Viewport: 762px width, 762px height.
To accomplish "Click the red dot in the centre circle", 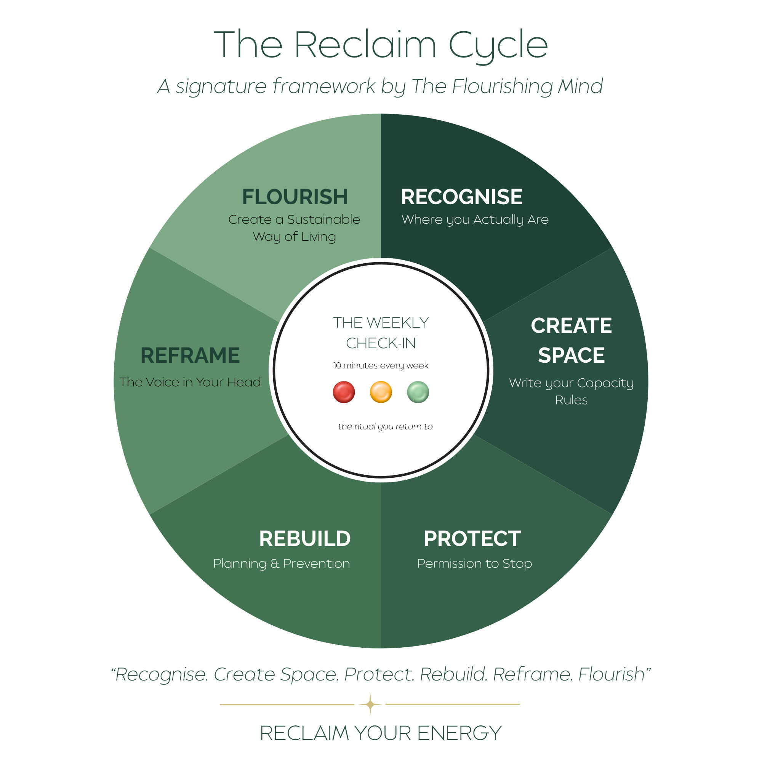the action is pyautogui.click(x=344, y=392).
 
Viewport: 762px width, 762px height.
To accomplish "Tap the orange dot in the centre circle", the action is pyautogui.click(x=381, y=392).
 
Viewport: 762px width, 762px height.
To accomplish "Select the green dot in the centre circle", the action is pyautogui.click(x=418, y=392).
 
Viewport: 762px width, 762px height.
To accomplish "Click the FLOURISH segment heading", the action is pyautogui.click(x=295, y=197).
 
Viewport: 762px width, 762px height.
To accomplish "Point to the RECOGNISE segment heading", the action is pyautogui.click(x=462, y=197).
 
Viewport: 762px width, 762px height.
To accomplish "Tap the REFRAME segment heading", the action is pyautogui.click(x=190, y=355).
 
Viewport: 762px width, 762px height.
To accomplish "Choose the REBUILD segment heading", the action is pyautogui.click(x=305, y=539).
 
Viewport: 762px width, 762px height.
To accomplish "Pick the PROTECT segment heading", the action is pyautogui.click(x=472, y=539).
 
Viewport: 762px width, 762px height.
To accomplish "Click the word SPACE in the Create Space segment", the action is pyautogui.click(x=571, y=355).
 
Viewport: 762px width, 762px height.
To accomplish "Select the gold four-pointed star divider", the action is pyautogui.click(x=370, y=704).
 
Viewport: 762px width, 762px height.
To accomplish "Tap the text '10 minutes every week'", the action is pyautogui.click(x=381, y=366).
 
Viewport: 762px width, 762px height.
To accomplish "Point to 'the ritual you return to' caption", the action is pyautogui.click(x=385, y=427).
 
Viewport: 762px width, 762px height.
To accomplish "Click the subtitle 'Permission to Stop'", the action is pyautogui.click(x=474, y=564).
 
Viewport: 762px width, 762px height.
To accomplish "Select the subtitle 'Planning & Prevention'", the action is pyautogui.click(x=282, y=564).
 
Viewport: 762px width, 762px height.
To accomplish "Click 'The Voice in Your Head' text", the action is pyautogui.click(x=190, y=382).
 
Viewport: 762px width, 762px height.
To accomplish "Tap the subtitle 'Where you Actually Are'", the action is pyautogui.click(x=475, y=220).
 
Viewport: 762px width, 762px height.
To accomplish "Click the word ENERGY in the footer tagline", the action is pyautogui.click(x=459, y=733).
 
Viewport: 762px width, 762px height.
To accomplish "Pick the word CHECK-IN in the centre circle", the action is pyautogui.click(x=381, y=344).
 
